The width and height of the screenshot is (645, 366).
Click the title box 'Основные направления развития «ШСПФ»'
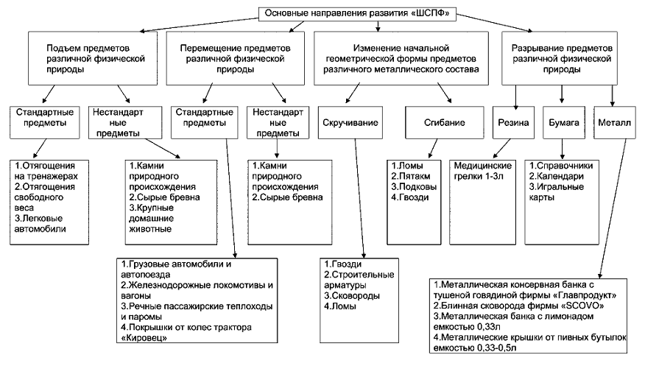pos(356,13)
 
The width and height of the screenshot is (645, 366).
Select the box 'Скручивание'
pos(350,122)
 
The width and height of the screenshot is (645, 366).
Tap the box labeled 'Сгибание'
pos(444,122)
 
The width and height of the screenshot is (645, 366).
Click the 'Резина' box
pos(513,122)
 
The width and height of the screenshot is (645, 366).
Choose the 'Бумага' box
pos(563,122)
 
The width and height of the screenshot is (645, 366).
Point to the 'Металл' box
pos(614,122)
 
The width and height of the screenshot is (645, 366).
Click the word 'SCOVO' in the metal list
pos(582,306)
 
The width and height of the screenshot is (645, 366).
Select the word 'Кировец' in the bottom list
pos(144,338)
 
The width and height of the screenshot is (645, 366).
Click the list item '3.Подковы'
pos(413,187)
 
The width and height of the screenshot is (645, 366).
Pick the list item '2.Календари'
pos(556,177)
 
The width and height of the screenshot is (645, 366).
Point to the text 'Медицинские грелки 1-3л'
pos(482,171)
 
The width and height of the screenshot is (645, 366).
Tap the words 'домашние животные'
pos(151,224)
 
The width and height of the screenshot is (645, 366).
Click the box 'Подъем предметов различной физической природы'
pos(93,58)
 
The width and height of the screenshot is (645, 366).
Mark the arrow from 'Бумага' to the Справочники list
pos(563,149)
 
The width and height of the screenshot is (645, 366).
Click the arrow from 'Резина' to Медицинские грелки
pos(502,149)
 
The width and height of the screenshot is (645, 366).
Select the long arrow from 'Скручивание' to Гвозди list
pos(359,198)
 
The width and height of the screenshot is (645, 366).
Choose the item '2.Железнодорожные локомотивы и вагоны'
pos(197,290)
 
